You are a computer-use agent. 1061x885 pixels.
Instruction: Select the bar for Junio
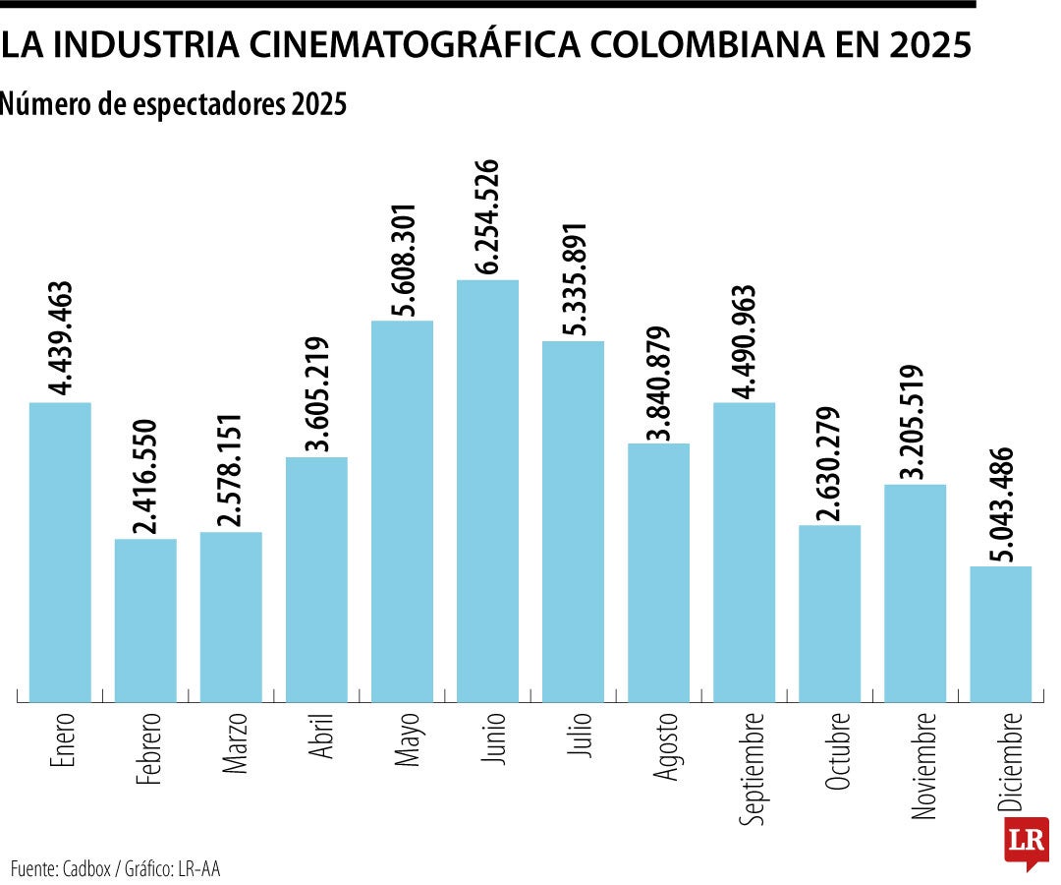[487, 492]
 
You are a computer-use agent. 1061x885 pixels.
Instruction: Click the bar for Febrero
[145, 620]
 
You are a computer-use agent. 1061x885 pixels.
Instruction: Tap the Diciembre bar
[1000, 634]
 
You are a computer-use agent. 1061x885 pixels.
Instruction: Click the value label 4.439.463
[60, 337]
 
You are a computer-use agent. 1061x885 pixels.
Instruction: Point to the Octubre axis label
[830, 753]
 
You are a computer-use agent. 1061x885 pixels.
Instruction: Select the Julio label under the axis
[574, 733]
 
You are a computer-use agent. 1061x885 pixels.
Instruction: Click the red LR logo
[1025, 842]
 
